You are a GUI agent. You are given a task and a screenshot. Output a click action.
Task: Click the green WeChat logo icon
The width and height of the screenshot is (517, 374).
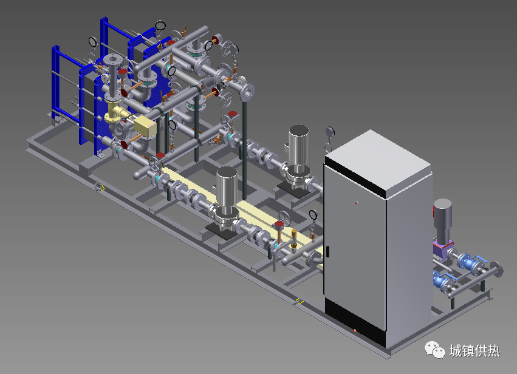point(434,350)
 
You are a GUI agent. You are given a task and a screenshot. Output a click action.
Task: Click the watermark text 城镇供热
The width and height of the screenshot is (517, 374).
point(474,350)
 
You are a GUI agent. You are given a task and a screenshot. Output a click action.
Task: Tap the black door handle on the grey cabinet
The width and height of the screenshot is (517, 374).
point(327,252)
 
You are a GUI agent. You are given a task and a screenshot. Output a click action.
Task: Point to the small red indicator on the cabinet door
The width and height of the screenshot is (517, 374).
point(357,203)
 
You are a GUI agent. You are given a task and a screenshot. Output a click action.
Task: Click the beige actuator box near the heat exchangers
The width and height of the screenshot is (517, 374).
point(145,126)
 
